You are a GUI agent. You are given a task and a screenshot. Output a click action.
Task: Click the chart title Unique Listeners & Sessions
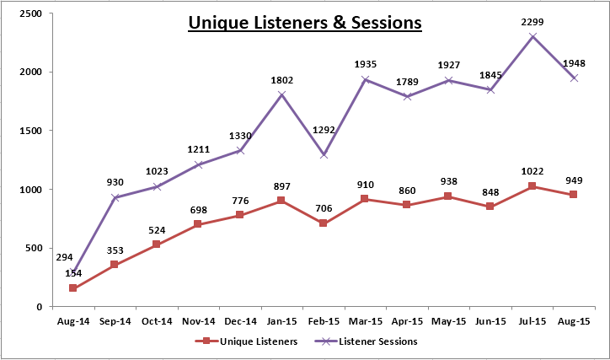tap(305, 23)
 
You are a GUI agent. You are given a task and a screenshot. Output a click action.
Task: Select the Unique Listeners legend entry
tap(246, 341)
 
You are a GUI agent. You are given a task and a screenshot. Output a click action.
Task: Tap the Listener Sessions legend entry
tap(366, 341)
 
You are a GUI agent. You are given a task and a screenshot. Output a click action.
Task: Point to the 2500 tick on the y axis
tap(30, 13)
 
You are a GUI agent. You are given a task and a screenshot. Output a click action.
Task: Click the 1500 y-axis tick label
tap(30, 131)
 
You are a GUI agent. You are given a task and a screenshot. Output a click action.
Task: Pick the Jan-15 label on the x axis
tap(281, 321)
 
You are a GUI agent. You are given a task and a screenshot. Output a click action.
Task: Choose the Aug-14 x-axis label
tap(73, 321)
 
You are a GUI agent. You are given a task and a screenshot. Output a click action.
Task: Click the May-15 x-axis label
tap(448, 321)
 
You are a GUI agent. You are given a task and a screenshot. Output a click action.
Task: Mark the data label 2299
tap(532, 22)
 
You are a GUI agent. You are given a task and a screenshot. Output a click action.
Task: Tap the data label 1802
tap(282, 81)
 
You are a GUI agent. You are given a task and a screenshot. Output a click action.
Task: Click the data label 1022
tap(532, 171)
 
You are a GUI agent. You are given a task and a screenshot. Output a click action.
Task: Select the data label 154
tap(73, 273)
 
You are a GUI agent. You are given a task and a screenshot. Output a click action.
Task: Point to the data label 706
tap(324, 208)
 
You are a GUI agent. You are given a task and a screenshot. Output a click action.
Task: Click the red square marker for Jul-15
tap(532, 186)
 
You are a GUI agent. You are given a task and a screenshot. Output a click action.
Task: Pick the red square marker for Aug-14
tap(72, 288)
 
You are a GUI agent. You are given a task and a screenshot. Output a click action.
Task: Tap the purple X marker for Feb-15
tap(324, 155)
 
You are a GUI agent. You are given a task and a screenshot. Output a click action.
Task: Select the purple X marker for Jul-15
tap(532, 36)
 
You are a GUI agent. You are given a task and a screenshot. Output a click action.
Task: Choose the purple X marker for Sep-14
tap(115, 197)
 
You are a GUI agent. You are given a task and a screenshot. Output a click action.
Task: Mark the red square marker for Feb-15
tap(323, 223)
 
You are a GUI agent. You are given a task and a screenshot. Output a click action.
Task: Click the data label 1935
tap(366, 64)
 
